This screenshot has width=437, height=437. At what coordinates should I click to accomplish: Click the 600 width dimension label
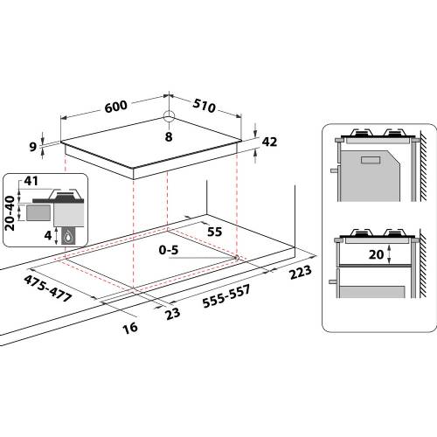tap(115, 106)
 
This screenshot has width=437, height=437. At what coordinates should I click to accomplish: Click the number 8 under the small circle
tap(169, 136)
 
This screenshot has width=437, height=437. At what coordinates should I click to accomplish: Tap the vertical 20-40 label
tap(10, 211)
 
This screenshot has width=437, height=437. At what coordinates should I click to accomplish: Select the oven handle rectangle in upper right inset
tap(368, 159)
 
